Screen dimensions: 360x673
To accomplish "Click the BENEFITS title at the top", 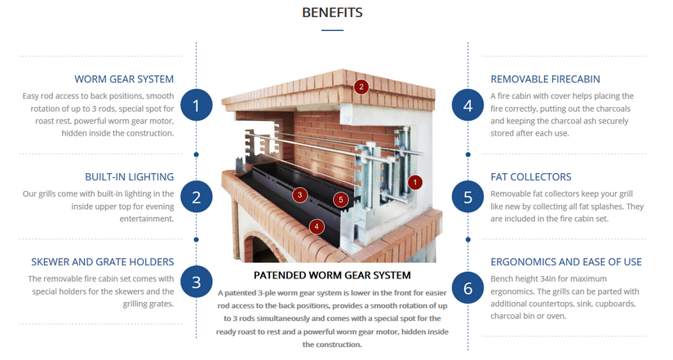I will tap(332, 12).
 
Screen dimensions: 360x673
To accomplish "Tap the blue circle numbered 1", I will tap(197, 104).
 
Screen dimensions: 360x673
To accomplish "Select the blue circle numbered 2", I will tap(197, 197).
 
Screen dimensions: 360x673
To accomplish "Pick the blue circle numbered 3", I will tap(197, 283).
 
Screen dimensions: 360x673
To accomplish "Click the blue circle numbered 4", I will tap(467, 104).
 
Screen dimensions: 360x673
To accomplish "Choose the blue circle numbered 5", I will tap(467, 197).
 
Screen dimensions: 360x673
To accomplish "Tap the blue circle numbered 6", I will tap(467, 287).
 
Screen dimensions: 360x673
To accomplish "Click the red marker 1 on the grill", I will tap(415, 183).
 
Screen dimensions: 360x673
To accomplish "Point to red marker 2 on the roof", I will tap(361, 86).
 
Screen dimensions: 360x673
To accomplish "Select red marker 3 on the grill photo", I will tap(300, 194).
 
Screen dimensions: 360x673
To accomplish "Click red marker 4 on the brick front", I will tap(317, 225).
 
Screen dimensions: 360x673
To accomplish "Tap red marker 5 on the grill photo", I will tap(341, 199).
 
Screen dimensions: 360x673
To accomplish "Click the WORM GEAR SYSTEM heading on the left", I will tap(124, 79).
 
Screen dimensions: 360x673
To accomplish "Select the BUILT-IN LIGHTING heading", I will tap(129, 176).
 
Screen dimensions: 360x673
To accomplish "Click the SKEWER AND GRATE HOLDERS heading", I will tap(103, 262).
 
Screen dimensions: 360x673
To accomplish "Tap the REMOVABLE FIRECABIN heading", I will tap(545, 79).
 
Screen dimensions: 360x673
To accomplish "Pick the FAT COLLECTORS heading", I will tap(530, 176).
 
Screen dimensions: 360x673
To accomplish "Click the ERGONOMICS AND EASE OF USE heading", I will tap(565, 262).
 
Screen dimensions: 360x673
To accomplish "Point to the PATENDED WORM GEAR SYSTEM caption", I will tap(332, 275).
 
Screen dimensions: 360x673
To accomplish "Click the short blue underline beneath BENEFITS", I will tap(332, 30).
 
